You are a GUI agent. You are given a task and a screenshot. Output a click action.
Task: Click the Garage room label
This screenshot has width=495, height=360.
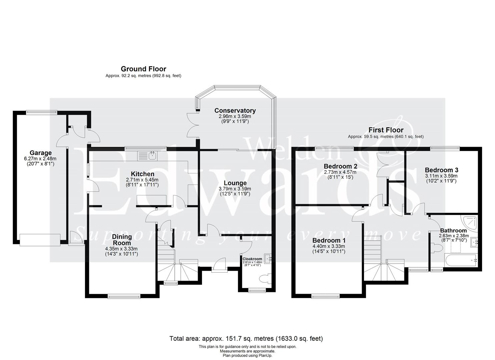41,153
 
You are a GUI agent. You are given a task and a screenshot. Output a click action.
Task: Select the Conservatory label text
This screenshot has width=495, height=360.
235,111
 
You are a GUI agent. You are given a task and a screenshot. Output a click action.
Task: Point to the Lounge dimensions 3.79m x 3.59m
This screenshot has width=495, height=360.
235,189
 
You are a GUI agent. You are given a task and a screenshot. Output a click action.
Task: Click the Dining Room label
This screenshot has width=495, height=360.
122,240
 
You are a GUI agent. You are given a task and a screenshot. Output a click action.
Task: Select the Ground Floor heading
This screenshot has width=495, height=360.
143,69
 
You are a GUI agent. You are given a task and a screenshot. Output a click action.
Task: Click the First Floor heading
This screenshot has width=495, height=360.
386,130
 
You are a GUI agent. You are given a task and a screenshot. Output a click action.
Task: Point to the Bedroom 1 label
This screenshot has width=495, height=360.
328,240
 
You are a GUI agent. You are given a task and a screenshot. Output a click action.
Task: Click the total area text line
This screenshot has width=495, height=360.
246,339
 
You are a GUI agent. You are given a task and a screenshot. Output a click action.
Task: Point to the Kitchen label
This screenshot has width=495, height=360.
142,174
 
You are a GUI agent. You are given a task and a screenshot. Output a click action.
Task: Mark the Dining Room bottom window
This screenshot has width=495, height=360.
124,295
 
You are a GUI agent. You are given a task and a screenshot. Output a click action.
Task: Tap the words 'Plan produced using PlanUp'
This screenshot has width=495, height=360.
247,356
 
